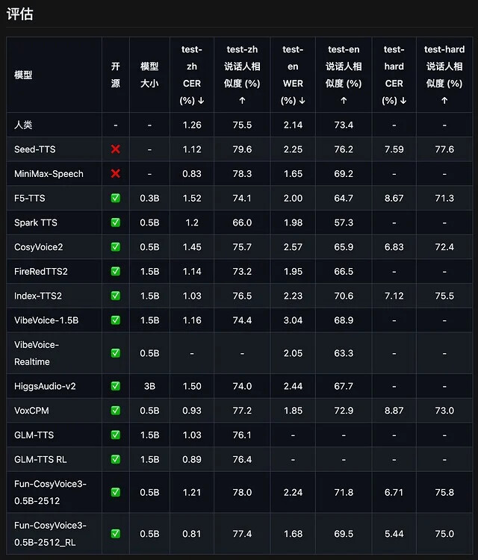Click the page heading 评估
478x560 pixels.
[x=20, y=14]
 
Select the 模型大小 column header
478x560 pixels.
[x=149, y=75]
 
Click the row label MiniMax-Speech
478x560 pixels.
[x=49, y=173]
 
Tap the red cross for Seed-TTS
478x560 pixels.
[x=115, y=149]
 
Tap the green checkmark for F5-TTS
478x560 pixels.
[x=115, y=198]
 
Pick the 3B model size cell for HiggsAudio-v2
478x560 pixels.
[x=149, y=386]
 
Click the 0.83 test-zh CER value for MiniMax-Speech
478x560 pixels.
[x=192, y=173]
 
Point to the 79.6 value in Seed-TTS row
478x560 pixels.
[x=242, y=149]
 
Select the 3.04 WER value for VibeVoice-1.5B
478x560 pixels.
[x=293, y=320]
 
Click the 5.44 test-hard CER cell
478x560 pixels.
[x=394, y=534]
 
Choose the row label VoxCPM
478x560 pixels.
[x=31, y=411]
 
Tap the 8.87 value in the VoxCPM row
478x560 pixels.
[x=394, y=411]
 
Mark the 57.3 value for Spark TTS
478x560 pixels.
[x=344, y=223]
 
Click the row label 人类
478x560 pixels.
[x=23, y=125]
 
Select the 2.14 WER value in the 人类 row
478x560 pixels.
[x=293, y=125]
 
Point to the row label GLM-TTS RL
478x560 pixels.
[x=40, y=459]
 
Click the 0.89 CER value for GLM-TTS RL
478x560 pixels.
[x=192, y=459]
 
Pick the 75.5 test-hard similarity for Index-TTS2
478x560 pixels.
[x=444, y=296]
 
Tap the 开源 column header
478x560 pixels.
[x=115, y=75]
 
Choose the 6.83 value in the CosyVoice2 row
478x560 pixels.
[x=394, y=247]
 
